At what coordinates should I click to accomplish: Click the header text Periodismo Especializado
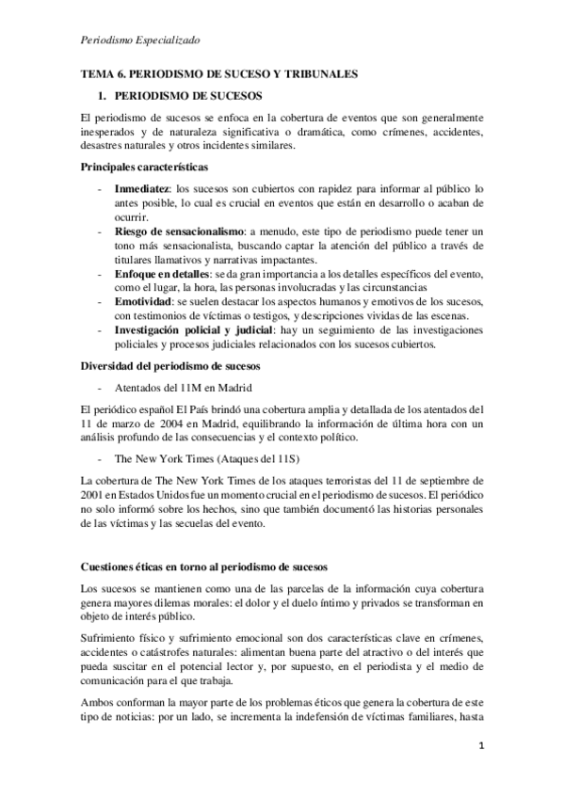(140, 40)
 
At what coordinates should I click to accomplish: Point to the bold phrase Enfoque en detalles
(162, 273)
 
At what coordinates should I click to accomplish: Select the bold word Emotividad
(147, 300)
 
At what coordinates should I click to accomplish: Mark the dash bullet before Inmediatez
(100, 189)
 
